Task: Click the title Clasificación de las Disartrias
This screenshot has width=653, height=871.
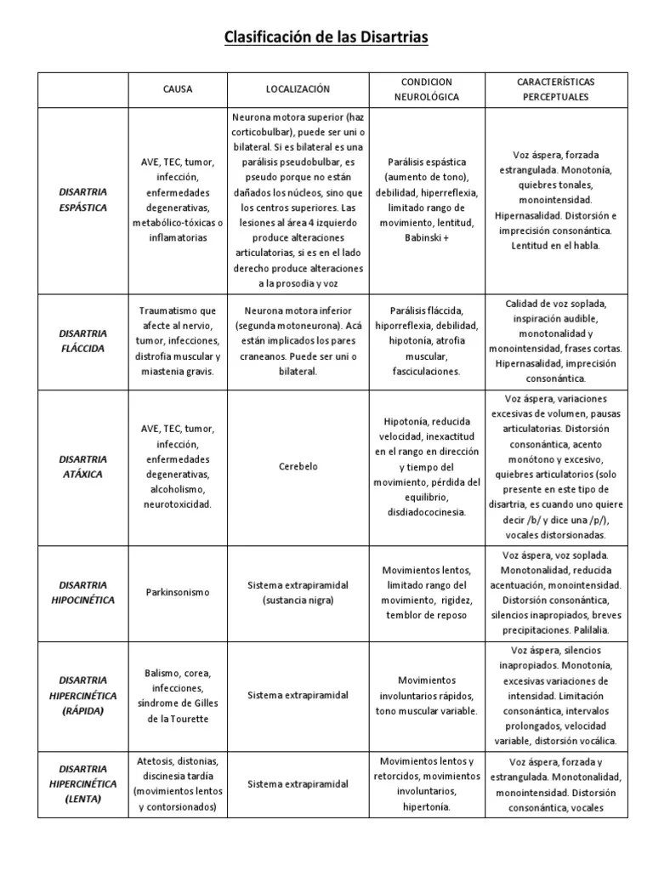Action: (x=326, y=37)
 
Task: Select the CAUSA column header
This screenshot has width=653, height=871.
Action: (x=178, y=88)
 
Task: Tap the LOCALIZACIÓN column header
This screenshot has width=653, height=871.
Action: (x=298, y=88)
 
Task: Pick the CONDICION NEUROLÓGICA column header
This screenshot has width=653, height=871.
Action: (x=426, y=88)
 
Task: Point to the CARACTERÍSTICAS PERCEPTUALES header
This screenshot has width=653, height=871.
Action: (x=555, y=88)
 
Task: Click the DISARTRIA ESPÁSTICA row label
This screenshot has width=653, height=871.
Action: (x=83, y=199)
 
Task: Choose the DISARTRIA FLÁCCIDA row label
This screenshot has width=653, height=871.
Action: (x=83, y=341)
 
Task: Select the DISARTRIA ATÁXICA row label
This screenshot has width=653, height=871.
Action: (x=83, y=466)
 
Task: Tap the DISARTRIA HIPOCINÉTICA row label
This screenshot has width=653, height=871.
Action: (x=83, y=592)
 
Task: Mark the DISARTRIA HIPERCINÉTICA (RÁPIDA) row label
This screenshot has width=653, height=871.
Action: (x=83, y=695)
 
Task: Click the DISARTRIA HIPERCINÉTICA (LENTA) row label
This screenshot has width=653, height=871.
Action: (x=83, y=783)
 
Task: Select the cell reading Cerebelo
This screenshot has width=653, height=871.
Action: (x=298, y=466)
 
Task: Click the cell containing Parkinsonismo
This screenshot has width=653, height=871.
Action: (x=178, y=592)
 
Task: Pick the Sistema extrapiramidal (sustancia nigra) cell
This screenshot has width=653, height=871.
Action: (x=298, y=592)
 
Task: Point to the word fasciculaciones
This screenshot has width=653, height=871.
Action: (x=426, y=372)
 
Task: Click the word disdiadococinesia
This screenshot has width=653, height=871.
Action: (x=426, y=512)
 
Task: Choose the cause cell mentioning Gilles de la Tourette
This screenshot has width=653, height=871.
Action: (x=178, y=695)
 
